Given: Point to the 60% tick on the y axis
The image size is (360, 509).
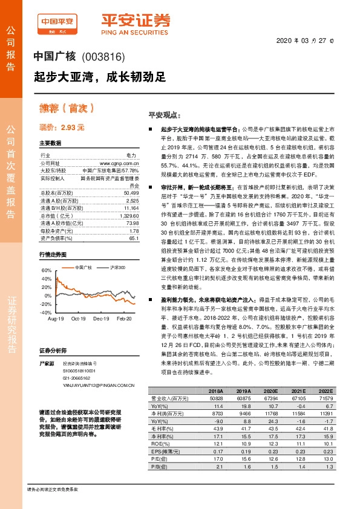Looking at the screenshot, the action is click(46, 270).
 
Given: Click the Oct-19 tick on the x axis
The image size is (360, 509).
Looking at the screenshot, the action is click(78, 318).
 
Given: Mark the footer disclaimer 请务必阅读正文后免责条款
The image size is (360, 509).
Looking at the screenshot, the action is click(52, 488).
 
